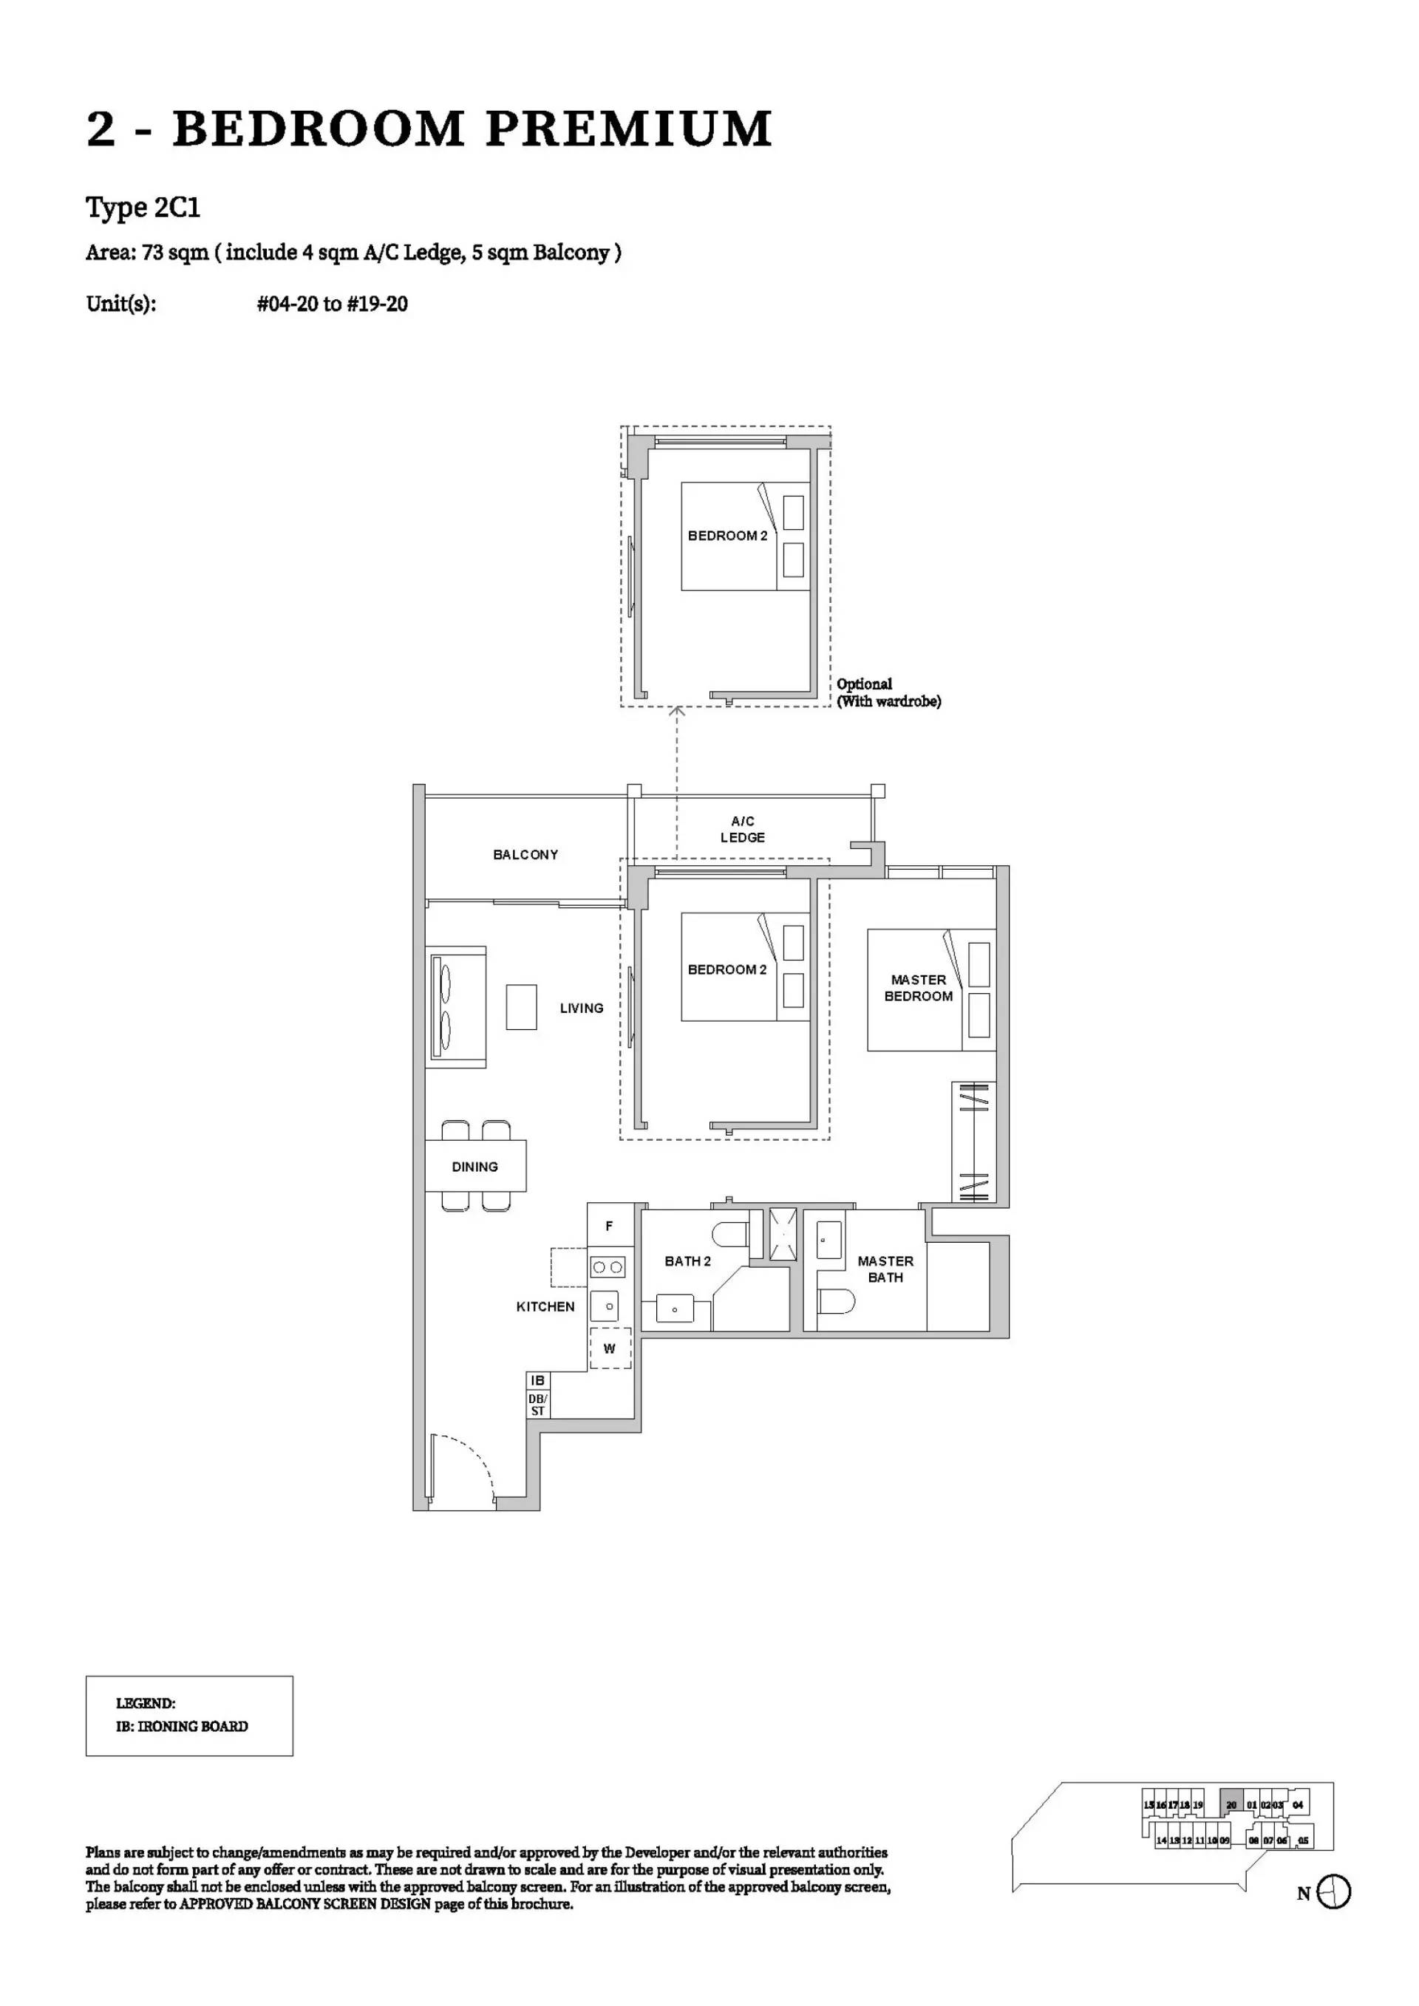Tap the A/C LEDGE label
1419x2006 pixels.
click(x=743, y=829)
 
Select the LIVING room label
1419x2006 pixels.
click(x=581, y=1009)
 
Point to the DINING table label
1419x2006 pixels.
click(x=474, y=1167)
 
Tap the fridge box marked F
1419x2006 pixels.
click(x=609, y=1226)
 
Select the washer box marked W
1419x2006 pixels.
click(x=610, y=1348)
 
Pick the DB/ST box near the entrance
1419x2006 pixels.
click(x=538, y=1405)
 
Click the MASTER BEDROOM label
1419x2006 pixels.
click(x=919, y=988)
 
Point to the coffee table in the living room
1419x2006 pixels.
click(x=522, y=1006)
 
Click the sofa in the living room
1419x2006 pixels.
click(x=456, y=1006)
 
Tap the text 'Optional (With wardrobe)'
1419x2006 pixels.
click(x=888, y=692)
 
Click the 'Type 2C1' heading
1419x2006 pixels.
click(x=143, y=208)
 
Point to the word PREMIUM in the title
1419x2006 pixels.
click(x=628, y=129)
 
